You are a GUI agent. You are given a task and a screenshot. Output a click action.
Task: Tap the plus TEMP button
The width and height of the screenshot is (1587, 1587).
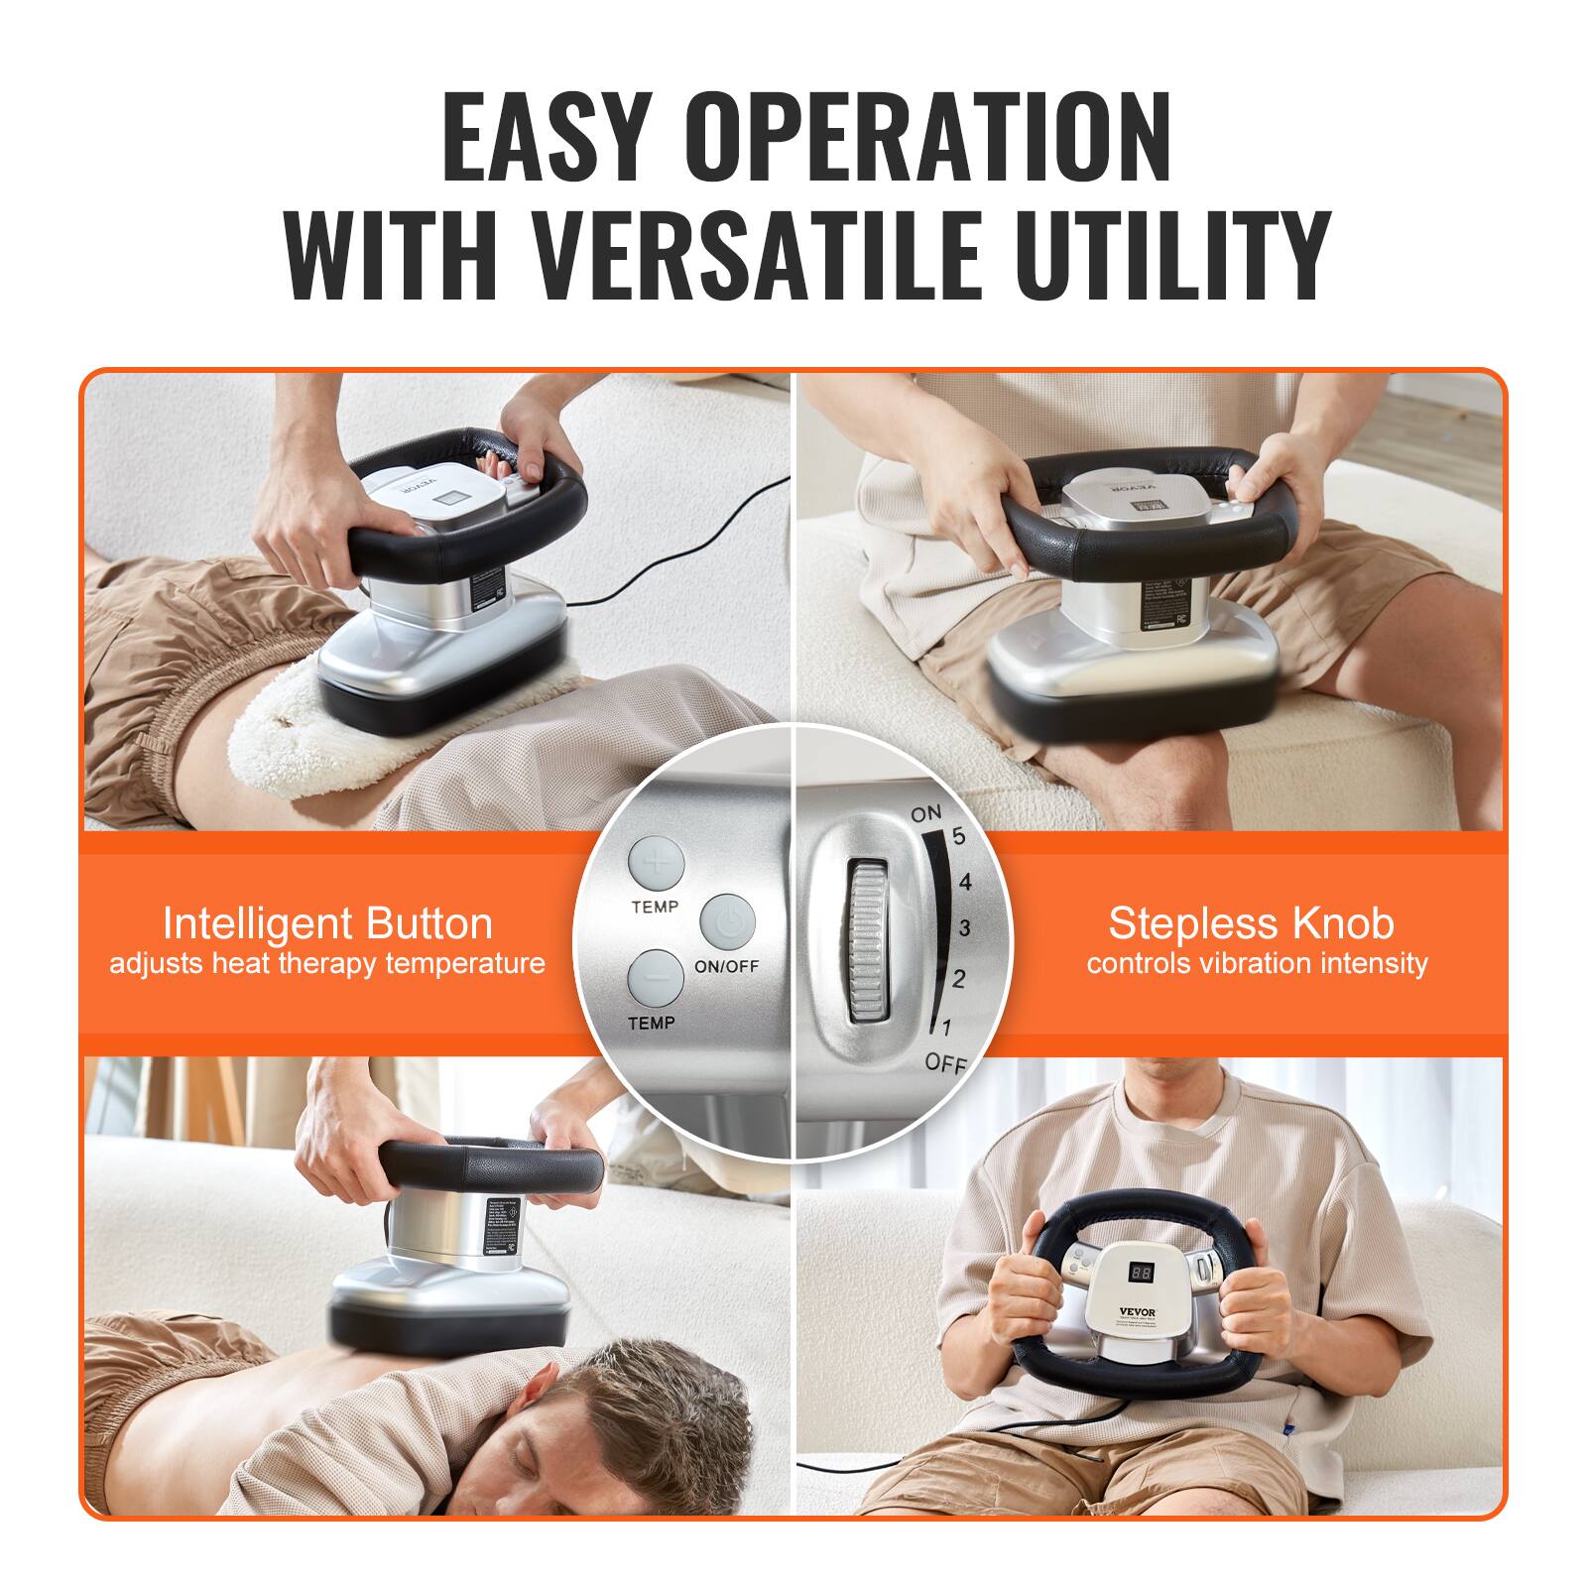click(x=656, y=862)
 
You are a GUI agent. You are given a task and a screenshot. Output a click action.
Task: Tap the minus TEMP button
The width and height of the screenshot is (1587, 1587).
click(x=655, y=978)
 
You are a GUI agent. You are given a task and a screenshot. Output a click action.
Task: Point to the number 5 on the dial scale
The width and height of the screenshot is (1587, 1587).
click(x=958, y=836)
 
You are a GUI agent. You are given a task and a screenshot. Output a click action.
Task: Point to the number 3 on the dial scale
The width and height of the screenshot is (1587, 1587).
click(x=963, y=929)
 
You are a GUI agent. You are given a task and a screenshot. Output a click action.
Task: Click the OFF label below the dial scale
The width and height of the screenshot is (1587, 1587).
click(x=944, y=1064)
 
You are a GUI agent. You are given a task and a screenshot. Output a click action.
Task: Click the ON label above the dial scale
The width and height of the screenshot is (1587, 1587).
click(x=925, y=814)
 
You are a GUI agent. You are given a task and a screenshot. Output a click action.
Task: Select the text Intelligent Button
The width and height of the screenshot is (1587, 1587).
click(x=327, y=923)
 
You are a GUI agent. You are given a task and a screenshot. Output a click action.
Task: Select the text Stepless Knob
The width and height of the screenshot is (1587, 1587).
click(x=1251, y=923)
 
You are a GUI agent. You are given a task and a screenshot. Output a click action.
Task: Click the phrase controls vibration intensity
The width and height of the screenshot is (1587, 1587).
click(x=1257, y=964)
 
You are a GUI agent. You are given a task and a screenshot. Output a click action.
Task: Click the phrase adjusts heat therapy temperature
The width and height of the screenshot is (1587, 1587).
click(x=327, y=964)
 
